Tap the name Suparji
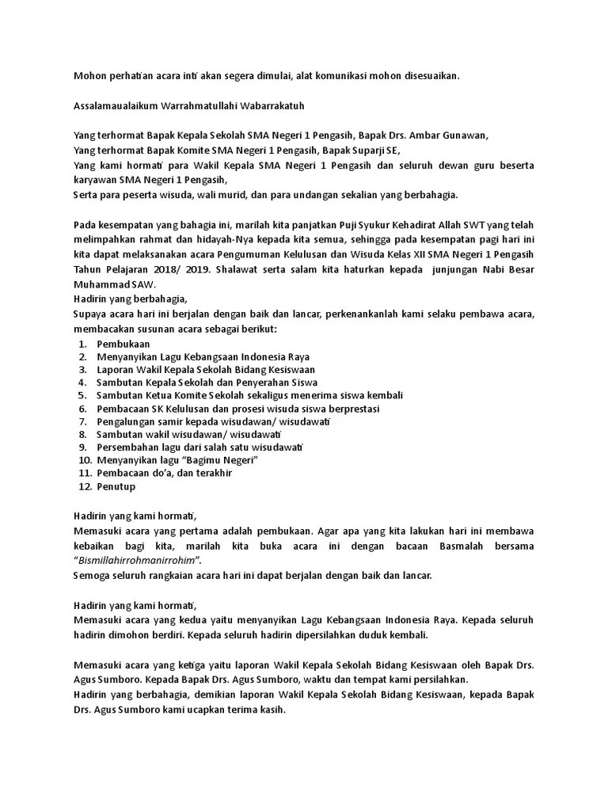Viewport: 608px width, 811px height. point(361,150)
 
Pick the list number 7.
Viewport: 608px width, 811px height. point(83,422)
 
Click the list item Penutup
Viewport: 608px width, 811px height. point(116,486)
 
